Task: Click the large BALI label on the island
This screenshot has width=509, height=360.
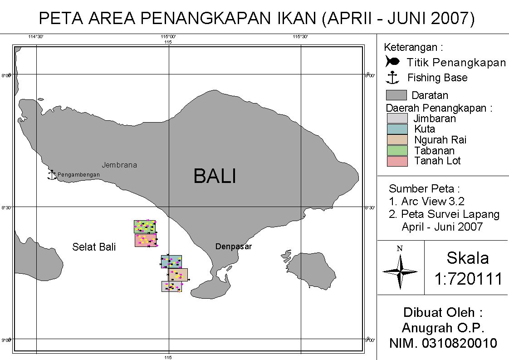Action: click(215, 176)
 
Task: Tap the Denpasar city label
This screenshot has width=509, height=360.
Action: click(233, 247)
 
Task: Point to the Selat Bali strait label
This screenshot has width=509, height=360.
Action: click(94, 247)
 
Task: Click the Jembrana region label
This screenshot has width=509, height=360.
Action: click(119, 165)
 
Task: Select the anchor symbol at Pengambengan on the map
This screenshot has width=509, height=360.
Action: click(52, 175)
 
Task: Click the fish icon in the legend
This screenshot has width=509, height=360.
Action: click(392, 61)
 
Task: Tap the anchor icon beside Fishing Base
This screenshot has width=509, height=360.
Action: click(392, 78)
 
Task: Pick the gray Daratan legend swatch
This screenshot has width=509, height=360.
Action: click(396, 95)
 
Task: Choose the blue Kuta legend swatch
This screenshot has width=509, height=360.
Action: click(397, 129)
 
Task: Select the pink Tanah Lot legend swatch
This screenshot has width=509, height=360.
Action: click(397, 161)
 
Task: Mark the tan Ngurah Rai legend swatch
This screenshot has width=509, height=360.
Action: click(397, 140)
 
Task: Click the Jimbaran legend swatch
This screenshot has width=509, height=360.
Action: click(397, 118)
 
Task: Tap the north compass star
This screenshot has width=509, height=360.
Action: click(400, 271)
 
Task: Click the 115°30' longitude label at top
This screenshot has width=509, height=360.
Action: click(300, 37)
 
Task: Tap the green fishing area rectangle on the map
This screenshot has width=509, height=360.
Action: click(145, 227)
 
